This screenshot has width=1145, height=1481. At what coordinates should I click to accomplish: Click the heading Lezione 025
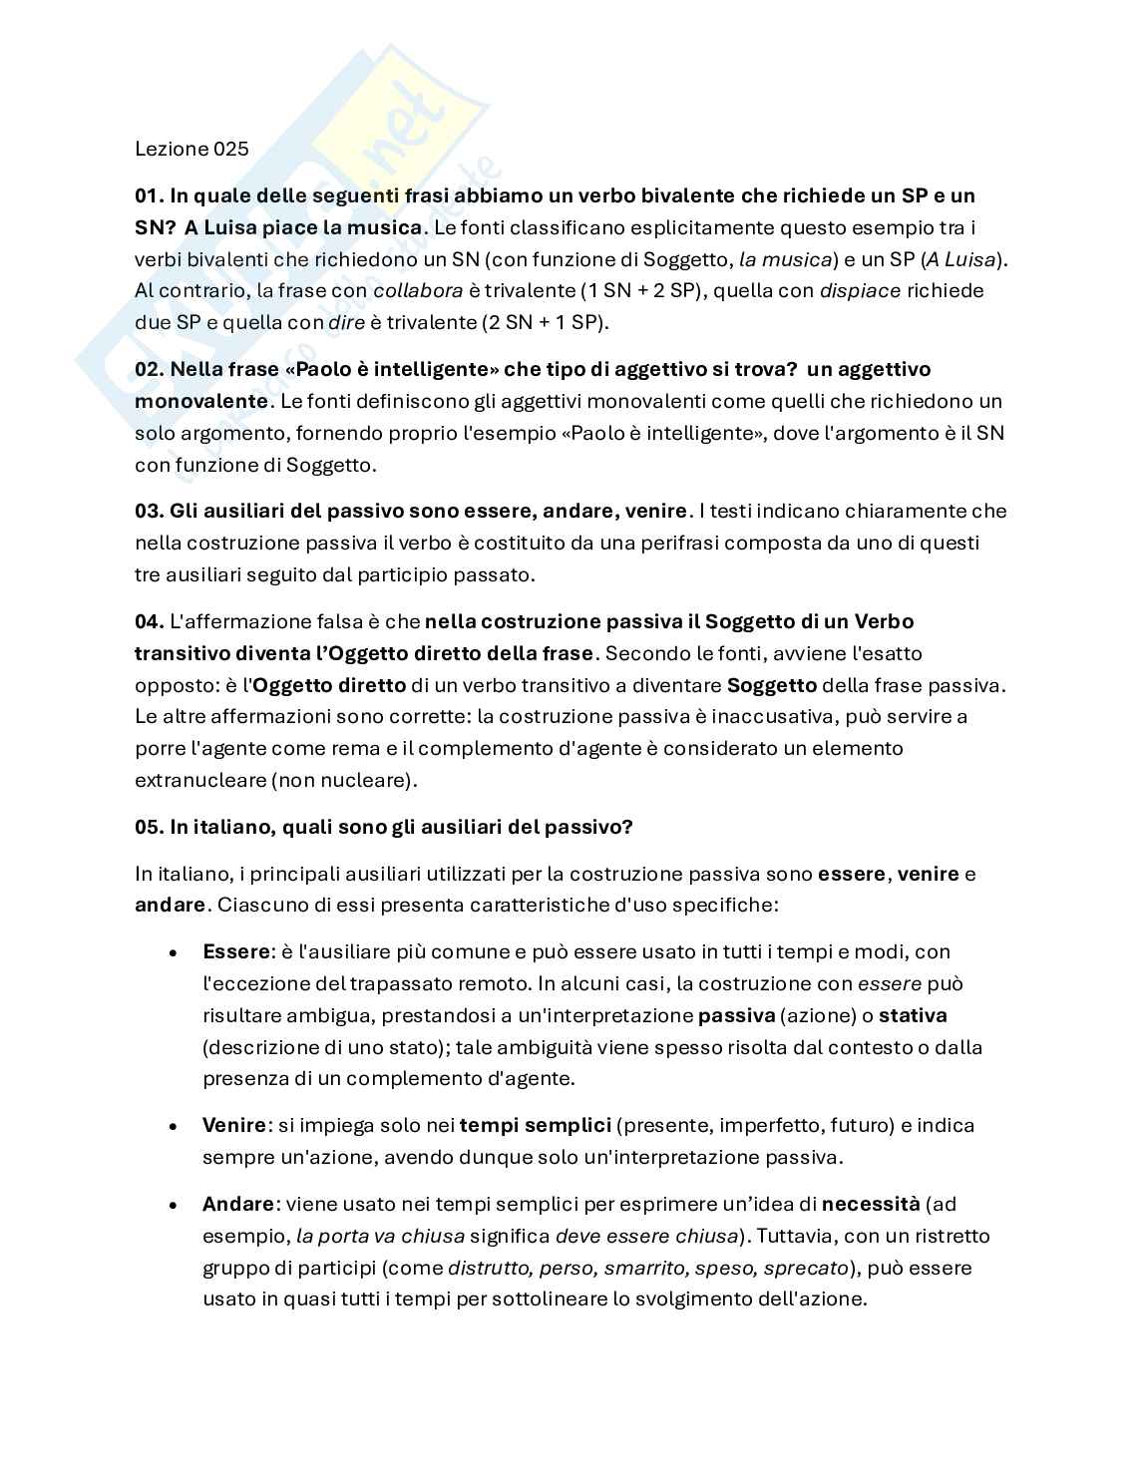(191, 150)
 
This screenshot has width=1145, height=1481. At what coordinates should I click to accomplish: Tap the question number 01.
(149, 195)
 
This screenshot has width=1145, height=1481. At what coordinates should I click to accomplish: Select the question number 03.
(149, 512)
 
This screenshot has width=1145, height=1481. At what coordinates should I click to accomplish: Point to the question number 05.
(149, 828)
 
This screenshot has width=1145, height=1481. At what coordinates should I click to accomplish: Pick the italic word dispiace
(860, 291)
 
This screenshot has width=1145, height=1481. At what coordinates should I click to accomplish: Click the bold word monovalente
(200, 402)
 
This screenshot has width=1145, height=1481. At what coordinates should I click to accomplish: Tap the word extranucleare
(199, 780)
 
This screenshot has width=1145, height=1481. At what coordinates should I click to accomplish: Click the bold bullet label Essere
(236, 952)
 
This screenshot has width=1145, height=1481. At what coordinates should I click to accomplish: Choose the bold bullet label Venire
(234, 1126)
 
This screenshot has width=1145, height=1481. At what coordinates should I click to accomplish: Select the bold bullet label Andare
(237, 1205)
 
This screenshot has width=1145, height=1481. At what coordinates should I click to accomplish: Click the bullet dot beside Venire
(174, 1126)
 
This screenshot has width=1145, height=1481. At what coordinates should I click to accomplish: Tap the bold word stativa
(913, 1016)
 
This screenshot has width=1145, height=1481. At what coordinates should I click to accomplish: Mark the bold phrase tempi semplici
(535, 1126)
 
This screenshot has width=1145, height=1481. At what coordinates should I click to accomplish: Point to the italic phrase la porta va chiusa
(380, 1237)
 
